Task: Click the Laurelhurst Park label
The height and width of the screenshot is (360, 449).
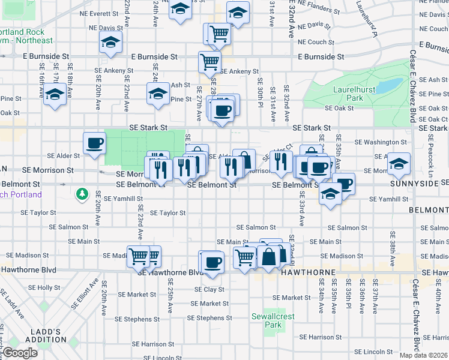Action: (349, 94)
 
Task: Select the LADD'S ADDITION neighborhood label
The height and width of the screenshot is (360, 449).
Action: (50, 335)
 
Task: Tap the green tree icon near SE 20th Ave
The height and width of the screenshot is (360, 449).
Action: (82, 194)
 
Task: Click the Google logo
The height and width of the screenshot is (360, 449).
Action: (20, 353)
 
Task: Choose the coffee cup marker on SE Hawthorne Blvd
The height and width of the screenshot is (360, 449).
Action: (212, 262)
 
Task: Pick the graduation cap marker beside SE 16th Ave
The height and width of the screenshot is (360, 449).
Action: (55, 95)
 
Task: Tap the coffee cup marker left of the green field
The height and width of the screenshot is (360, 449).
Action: (94, 143)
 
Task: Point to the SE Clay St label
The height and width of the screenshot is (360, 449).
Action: (208, 289)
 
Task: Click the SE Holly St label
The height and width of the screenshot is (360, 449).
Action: (37, 288)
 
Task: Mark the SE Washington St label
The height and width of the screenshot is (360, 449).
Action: (381, 143)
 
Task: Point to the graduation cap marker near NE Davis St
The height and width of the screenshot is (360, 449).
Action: (111, 43)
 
